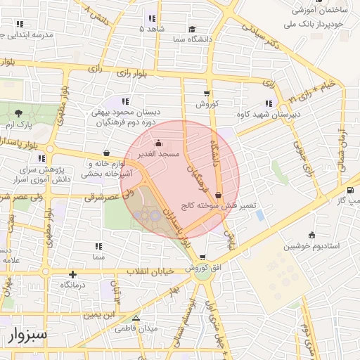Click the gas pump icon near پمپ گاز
(350, 190)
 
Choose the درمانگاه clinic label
(73, 285)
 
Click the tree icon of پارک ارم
(19, 113)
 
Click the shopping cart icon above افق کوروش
(202, 258)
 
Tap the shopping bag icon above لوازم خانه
(106, 153)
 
